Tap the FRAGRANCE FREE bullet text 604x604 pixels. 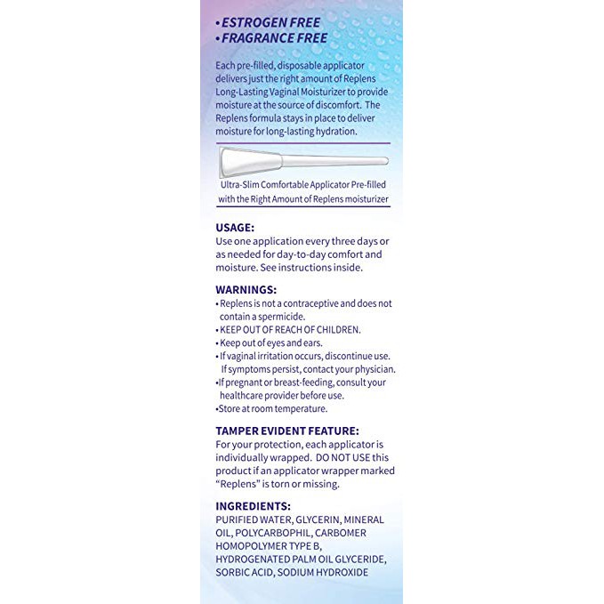275,38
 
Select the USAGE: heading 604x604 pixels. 235,227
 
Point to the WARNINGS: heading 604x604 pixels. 246,289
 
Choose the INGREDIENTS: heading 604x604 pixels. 253,506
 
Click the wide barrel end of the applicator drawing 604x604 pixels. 237,164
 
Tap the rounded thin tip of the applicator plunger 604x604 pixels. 383,161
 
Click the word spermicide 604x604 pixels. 280,316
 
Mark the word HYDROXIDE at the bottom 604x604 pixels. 339,572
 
